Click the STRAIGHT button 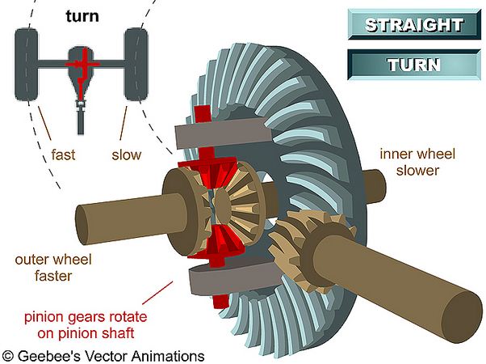(414, 24)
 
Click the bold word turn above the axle (82, 16)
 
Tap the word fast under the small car (63, 154)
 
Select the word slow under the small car (127, 154)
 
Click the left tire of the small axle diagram (27, 64)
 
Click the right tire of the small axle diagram (136, 64)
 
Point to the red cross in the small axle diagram (82, 65)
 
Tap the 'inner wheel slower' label (417, 162)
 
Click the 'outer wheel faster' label (53, 268)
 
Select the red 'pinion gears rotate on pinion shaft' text (86, 325)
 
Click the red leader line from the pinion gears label (157, 293)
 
